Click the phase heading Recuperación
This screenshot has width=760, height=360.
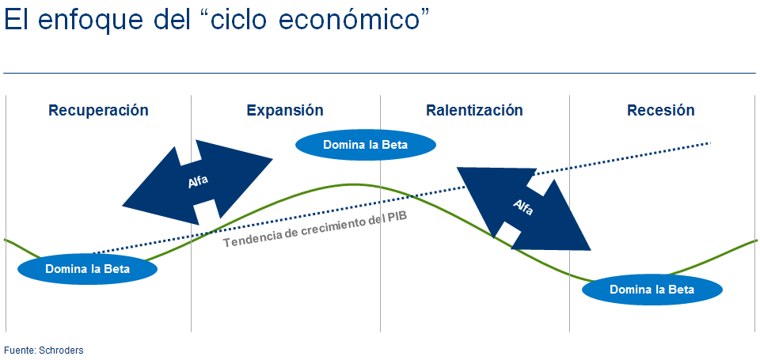pyautogui.click(x=98, y=111)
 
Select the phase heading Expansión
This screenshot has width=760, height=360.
pyautogui.click(x=285, y=111)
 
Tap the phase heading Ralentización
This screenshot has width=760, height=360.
pyautogui.click(x=474, y=111)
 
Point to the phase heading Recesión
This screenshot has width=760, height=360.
pyautogui.click(x=660, y=111)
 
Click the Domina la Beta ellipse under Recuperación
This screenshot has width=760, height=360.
pyautogui.click(x=88, y=269)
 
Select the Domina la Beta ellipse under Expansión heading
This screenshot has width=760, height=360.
pyautogui.click(x=366, y=144)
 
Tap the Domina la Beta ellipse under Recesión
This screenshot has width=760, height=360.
pyautogui.click(x=652, y=290)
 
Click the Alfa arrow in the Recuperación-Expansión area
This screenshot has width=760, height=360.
pyautogui.click(x=197, y=183)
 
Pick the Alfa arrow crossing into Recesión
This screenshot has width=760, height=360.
pyautogui.click(x=523, y=209)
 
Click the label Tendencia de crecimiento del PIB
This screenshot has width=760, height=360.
pyautogui.click(x=315, y=229)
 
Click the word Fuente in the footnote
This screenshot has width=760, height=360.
pyautogui.click(x=17, y=350)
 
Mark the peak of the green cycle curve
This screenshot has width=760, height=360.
pyautogui.click(x=355, y=184)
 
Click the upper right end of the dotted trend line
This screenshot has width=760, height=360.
pyautogui.click(x=710, y=143)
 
